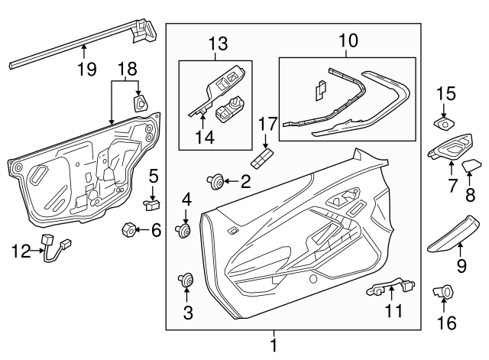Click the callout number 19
click(x=86, y=69)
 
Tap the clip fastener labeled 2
click(x=218, y=181)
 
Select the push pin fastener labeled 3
click(x=185, y=281)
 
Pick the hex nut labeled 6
click(x=128, y=229)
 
